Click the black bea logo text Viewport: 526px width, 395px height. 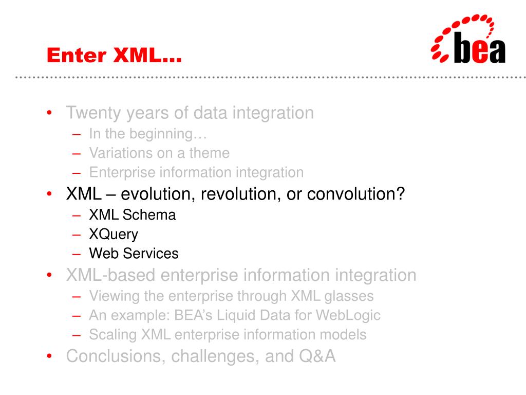click(x=480, y=48)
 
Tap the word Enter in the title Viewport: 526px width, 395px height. click(x=77, y=55)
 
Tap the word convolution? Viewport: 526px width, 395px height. click(x=356, y=194)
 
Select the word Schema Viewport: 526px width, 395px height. click(x=149, y=215)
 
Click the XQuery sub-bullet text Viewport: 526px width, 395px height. click(x=114, y=235)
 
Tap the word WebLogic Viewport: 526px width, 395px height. click(x=348, y=316)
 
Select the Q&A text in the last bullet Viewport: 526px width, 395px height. click(x=317, y=356)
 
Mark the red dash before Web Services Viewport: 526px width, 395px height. click(x=77, y=254)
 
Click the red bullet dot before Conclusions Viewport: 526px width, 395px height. click(x=49, y=356)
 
